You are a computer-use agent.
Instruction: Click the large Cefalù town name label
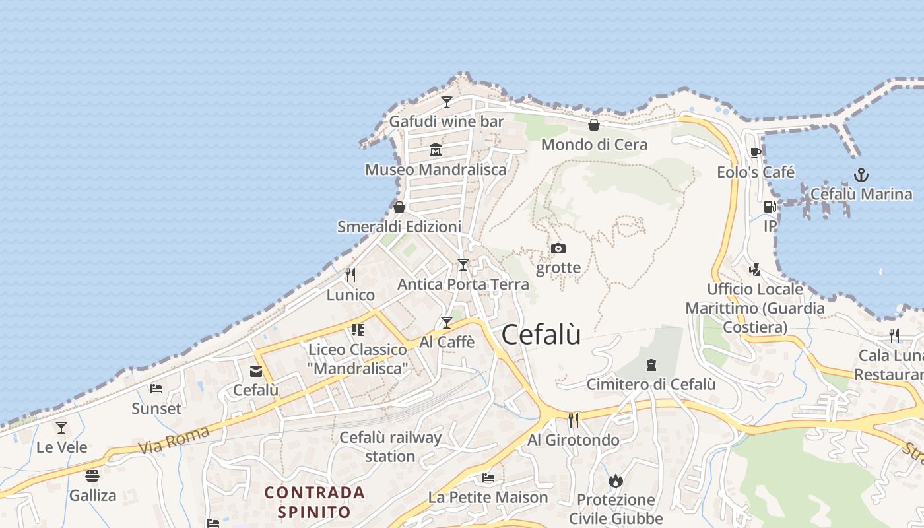(x=541, y=335)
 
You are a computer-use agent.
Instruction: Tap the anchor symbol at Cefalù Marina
(x=861, y=175)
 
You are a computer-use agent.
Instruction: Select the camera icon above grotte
(x=558, y=248)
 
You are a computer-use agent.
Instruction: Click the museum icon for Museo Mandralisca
(x=436, y=150)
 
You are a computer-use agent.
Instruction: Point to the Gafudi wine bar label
(x=446, y=121)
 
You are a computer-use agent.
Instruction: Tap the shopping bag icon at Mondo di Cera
(x=594, y=125)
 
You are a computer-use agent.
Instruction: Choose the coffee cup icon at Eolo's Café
(x=756, y=153)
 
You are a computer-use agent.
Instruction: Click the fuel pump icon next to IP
(x=770, y=207)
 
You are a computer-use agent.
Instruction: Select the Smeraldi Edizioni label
(x=399, y=226)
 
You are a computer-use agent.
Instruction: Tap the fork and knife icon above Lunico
(x=350, y=275)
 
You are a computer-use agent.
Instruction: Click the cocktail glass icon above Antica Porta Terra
(x=463, y=265)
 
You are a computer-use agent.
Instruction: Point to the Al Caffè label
(x=447, y=342)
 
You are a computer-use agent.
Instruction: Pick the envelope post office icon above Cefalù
(x=256, y=372)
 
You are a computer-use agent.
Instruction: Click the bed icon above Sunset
(x=156, y=389)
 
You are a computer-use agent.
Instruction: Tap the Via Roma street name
(x=174, y=440)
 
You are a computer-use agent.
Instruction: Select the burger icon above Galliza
(x=92, y=476)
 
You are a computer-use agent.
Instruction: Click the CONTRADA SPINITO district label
(x=314, y=502)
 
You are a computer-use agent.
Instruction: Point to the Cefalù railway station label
(x=390, y=447)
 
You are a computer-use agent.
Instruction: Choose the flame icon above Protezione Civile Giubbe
(x=616, y=480)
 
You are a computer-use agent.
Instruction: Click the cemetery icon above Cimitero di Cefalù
(x=651, y=365)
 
